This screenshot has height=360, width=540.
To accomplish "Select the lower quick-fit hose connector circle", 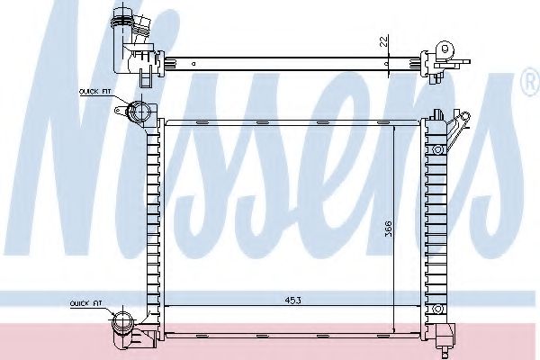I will click(x=124, y=321).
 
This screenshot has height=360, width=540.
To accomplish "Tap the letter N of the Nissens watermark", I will click(x=85, y=135).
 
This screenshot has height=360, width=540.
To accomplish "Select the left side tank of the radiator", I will click(x=151, y=225).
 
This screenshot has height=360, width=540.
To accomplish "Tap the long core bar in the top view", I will click(x=288, y=63).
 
